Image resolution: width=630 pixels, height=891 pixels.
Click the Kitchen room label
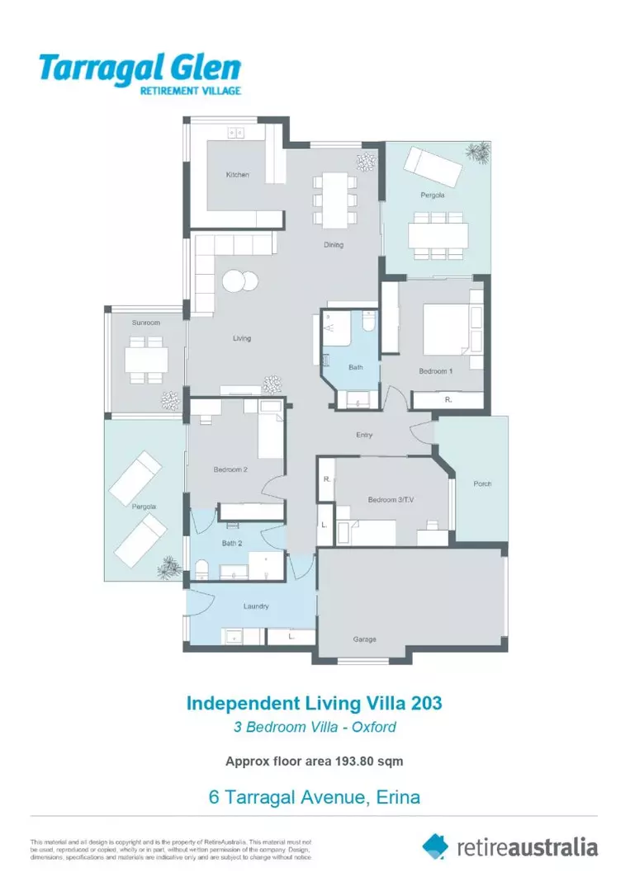[238, 175]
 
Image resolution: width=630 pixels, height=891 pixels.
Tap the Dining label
[334, 245]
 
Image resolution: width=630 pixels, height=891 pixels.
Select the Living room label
[242, 338]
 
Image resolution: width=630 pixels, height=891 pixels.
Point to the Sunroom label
[146, 323]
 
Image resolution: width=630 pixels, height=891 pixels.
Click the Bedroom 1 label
[435, 371]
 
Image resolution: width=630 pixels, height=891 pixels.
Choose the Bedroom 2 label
[231, 469]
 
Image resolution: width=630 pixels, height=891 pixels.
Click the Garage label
[365, 639]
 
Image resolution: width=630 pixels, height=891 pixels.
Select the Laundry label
[256, 606]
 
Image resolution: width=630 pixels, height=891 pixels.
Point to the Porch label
[482, 483]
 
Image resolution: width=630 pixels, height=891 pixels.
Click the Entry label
[365, 435]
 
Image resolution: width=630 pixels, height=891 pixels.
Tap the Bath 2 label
[231, 543]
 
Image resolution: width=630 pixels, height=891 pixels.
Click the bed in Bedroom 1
[446, 327]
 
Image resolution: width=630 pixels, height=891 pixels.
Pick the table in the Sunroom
[146, 359]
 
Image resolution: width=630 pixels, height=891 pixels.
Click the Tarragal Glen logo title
[140, 68]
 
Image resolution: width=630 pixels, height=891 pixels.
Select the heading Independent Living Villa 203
[315, 704]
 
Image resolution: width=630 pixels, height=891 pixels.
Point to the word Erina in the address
[399, 798]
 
